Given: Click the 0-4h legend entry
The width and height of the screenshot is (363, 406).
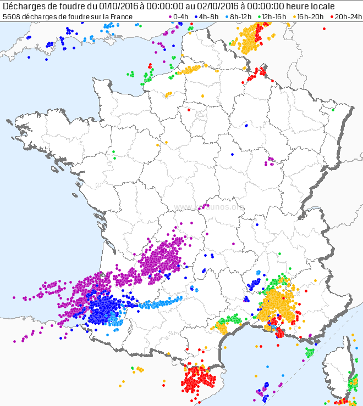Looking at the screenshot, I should pyautogui.click(x=178, y=17).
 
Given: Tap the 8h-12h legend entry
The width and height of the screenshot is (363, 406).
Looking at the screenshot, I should pyautogui.click(x=240, y=17).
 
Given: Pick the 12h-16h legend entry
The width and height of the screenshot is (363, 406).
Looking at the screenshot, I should pyautogui.click(x=273, y=17).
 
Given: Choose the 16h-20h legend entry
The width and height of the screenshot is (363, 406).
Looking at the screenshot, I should pyautogui.click(x=309, y=17).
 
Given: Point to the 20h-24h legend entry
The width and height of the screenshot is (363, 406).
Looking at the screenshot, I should pyautogui.click(x=344, y=17).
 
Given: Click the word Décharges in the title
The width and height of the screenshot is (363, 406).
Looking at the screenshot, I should pyautogui.click(x=24, y=6).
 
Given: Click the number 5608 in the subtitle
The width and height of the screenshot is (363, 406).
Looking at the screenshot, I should pyautogui.click(x=11, y=17).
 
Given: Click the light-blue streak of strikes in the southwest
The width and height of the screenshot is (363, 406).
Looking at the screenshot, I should pyautogui.click(x=159, y=302).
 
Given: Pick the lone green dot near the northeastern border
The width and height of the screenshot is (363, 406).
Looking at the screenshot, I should pyautogui.click(x=333, y=109).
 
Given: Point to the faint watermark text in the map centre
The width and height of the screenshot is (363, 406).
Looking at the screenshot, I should pyautogui.click(x=209, y=207).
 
